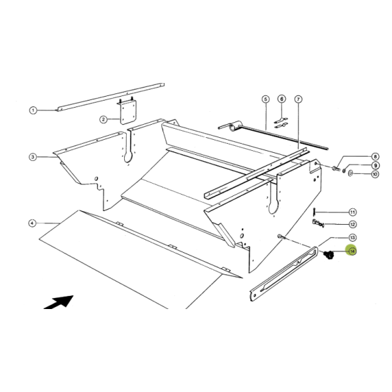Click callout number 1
pyautogui.click(x=33, y=110)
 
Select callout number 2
pyautogui.click(x=103, y=119)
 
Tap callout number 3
pyautogui.click(x=33, y=157)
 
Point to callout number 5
pyautogui.click(x=265, y=99)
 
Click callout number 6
pyautogui.click(x=282, y=99)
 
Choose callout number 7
pyautogui.click(x=298, y=99)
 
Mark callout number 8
pyautogui.click(x=356, y=157)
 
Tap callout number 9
pyautogui.click(x=356, y=165)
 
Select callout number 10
pyautogui.click(x=356, y=174)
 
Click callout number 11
pyautogui.click(x=352, y=212)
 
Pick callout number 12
pyautogui.click(x=352, y=224)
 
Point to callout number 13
pyautogui.click(x=352, y=237)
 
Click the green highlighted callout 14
pyautogui.click(x=352, y=251)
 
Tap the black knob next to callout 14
pyautogui.click(x=329, y=254)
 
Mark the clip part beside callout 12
pyautogui.click(x=319, y=225)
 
